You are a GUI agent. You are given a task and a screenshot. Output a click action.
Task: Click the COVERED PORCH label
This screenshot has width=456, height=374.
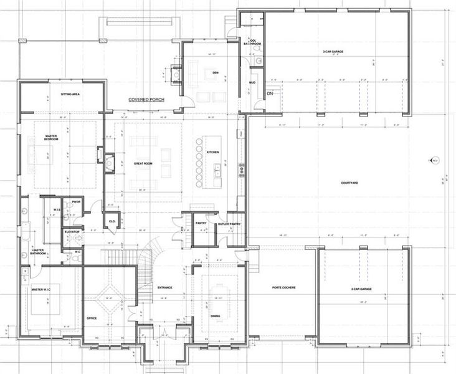[x=146, y=100]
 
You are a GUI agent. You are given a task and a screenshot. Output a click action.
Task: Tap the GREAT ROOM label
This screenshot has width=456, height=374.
[x=143, y=163]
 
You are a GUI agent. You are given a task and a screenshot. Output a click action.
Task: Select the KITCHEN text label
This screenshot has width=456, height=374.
[x=213, y=151]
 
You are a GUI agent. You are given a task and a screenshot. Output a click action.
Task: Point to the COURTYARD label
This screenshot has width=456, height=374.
[x=349, y=183]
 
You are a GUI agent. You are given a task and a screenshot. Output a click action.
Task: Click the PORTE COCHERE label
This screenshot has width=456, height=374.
[x=283, y=288]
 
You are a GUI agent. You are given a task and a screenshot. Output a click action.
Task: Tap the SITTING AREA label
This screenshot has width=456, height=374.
[x=70, y=93]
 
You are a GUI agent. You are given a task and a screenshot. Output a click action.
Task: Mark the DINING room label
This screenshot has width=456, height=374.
[x=215, y=316]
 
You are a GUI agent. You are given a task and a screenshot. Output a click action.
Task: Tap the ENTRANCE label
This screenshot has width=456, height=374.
[x=164, y=287]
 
